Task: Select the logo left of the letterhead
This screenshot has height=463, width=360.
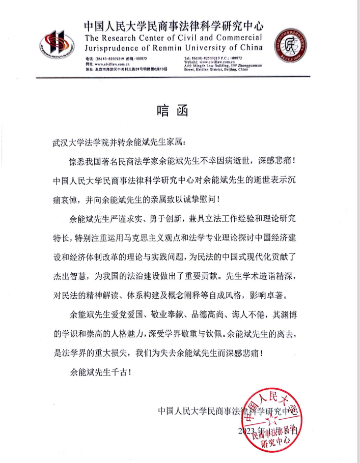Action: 58,45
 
